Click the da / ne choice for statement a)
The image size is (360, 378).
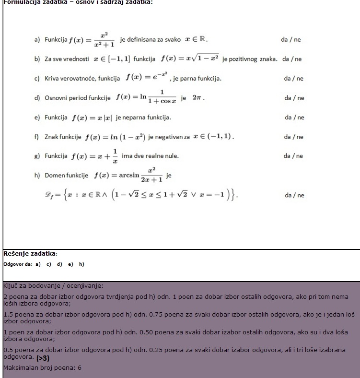(290, 40)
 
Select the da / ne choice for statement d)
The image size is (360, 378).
(294, 98)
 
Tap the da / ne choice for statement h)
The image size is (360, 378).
(294, 195)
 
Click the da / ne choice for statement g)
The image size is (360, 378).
(293, 156)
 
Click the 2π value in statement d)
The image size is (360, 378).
(198, 98)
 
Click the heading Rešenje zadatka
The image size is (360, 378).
(30, 254)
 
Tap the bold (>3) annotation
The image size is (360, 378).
(43, 358)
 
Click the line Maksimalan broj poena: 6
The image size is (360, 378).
(42, 368)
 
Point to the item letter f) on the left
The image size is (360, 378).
(36, 137)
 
